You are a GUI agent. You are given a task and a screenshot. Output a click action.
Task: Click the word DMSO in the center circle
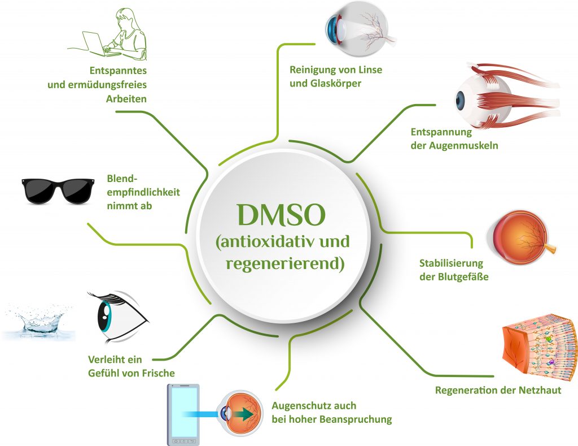[282, 215]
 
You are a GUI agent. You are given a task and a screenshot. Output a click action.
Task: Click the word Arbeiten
[126, 98]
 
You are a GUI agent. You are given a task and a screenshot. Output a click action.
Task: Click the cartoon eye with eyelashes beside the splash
[116, 317]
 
